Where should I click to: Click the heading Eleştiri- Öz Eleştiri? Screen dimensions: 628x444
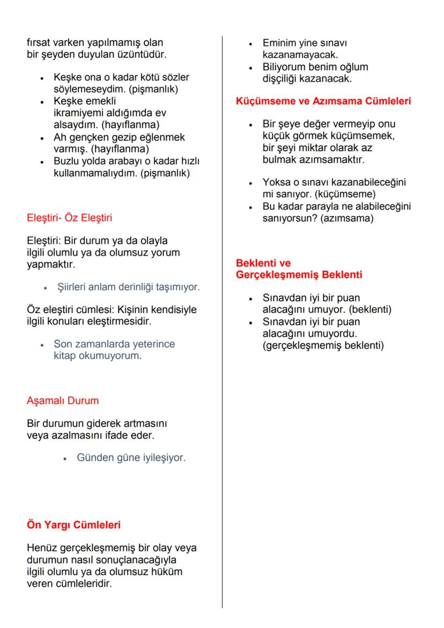click(x=69, y=218)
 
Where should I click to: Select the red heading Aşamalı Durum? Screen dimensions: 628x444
click(x=63, y=401)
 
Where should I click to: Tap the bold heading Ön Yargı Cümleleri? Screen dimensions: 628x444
click(x=73, y=524)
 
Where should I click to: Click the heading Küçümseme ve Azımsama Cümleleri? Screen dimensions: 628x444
click(x=323, y=100)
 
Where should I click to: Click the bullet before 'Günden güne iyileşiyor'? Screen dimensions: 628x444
click(x=65, y=459)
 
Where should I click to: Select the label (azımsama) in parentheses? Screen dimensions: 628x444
click(x=346, y=218)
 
